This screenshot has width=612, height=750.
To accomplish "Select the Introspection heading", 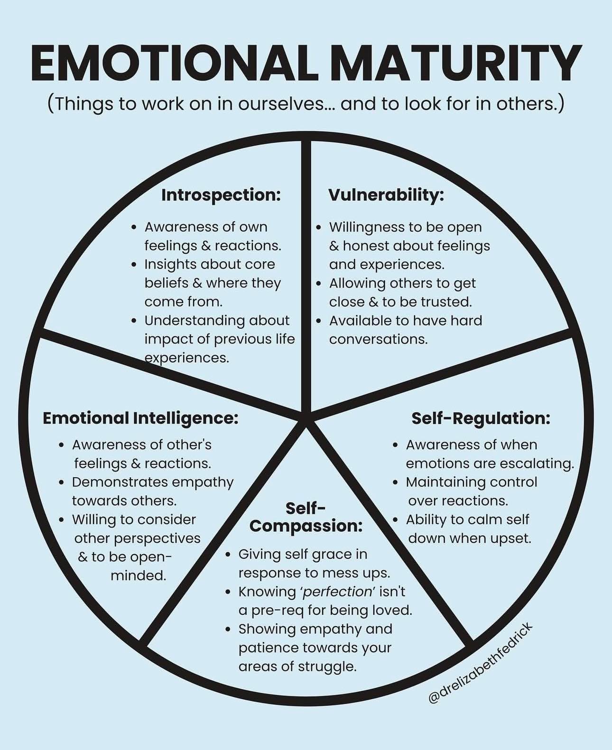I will [221, 195].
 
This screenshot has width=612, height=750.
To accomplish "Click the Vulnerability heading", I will [386, 195].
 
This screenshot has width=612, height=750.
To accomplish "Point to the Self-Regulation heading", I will [481, 418].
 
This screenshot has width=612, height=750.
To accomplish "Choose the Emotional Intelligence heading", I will [140, 418].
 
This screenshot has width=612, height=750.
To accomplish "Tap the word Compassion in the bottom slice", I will [306, 526].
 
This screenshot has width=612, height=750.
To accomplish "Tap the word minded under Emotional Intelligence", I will [139, 576].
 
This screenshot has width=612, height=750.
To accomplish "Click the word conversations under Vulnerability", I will [379, 340].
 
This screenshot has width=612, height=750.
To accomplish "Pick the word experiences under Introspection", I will [187, 358].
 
